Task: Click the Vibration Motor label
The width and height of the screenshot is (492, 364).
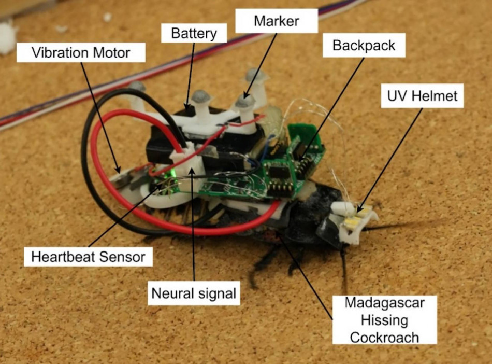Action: (81, 52)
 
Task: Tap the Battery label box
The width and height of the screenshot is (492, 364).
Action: (194, 33)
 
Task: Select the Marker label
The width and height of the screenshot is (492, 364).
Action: (277, 21)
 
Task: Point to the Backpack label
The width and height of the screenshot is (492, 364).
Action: (364, 46)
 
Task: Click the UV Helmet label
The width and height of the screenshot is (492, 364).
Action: (422, 96)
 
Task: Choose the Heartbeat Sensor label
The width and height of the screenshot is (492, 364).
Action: (88, 257)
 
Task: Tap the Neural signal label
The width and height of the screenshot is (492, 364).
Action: (194, 293)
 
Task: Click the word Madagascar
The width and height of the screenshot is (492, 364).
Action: (384, 303)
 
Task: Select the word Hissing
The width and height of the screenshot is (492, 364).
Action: (384, 320)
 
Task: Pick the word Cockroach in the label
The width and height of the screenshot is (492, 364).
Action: (384, 338)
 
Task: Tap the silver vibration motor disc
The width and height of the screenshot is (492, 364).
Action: (121, 179)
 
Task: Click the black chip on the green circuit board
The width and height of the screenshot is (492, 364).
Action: (278, 173)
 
